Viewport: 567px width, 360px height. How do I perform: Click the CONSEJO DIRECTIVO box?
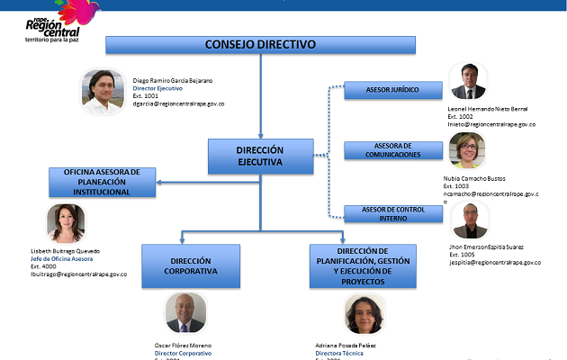tap(260, 44)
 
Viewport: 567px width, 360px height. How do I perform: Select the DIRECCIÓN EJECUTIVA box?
tap(260, 156)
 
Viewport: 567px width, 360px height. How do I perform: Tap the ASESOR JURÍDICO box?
tap(391, 90)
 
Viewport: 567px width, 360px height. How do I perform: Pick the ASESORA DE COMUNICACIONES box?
tap(392, 150)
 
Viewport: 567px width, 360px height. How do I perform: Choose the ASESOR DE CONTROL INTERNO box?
tap(392, 213)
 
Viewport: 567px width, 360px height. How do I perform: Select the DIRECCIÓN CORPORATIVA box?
tap(184, 265)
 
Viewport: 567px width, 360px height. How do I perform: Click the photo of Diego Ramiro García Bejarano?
tap(103, 91)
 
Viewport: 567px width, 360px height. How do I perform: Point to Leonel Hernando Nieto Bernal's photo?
tap(468, 82)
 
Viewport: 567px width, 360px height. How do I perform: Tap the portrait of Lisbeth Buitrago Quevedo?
tap(66, 223)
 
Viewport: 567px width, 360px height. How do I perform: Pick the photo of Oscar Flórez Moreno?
tap(185, 313)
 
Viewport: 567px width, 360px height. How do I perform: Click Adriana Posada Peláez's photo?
tap(364, 315)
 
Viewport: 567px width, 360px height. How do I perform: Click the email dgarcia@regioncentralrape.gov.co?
tap(178, 104)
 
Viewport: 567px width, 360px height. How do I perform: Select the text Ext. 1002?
tap(460, 116)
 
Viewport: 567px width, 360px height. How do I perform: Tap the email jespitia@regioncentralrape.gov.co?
tap(494, 263)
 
